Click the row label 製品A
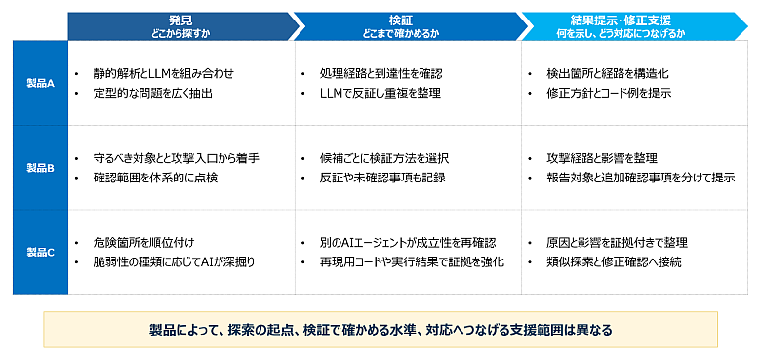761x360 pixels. pos(40,84)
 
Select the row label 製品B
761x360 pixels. pos(40,169)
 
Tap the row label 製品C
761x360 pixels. pos(40,253)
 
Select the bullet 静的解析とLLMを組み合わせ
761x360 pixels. pos(164,74)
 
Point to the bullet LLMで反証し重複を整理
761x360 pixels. pos(380,93)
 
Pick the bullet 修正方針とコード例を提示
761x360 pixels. pos(609,93)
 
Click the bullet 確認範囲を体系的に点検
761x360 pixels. pos(155,179)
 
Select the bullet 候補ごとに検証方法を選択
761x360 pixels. pos(383,159)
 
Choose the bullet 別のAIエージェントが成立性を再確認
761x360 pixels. pos(408,243)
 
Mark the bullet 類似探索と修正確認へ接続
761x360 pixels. pos(614,262)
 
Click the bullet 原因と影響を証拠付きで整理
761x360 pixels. pos(617,243)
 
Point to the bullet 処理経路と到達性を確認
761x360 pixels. pos(380,74)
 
